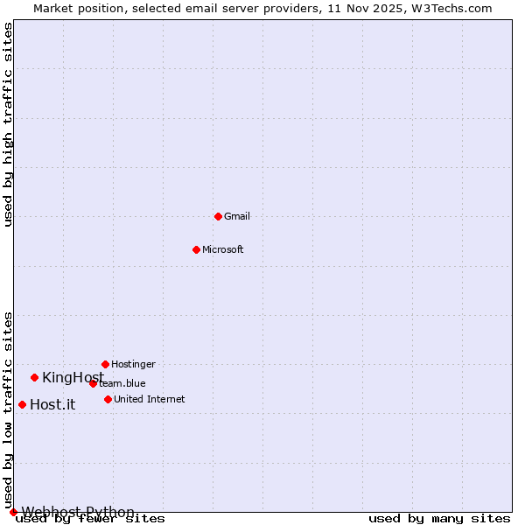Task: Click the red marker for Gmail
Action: point(218,216)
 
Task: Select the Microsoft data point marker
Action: point(196,249)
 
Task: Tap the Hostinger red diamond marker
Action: point(105,364)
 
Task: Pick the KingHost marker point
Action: point(34,377)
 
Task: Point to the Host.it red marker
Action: point(22,404)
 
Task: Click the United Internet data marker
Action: point(108,399)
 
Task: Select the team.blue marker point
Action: point(93,383)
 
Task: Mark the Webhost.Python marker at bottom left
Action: point(13,512)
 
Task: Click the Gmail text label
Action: point(236,216)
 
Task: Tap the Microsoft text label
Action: point(222,249)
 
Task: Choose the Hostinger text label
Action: point(133,364)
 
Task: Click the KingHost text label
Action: point(73,377)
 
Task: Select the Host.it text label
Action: point(52,404)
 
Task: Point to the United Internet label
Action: point(149,399)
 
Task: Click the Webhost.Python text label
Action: point(78,512)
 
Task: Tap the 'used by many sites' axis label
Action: point(439,519)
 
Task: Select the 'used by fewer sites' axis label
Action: point(90,519)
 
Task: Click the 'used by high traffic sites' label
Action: point(8,124)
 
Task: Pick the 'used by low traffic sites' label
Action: point(8,409)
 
